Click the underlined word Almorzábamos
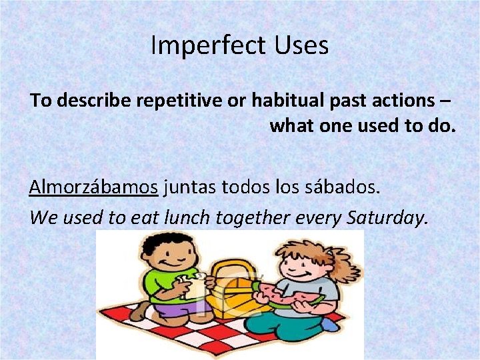tap(93, 187)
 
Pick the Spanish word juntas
tap(189, 187)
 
